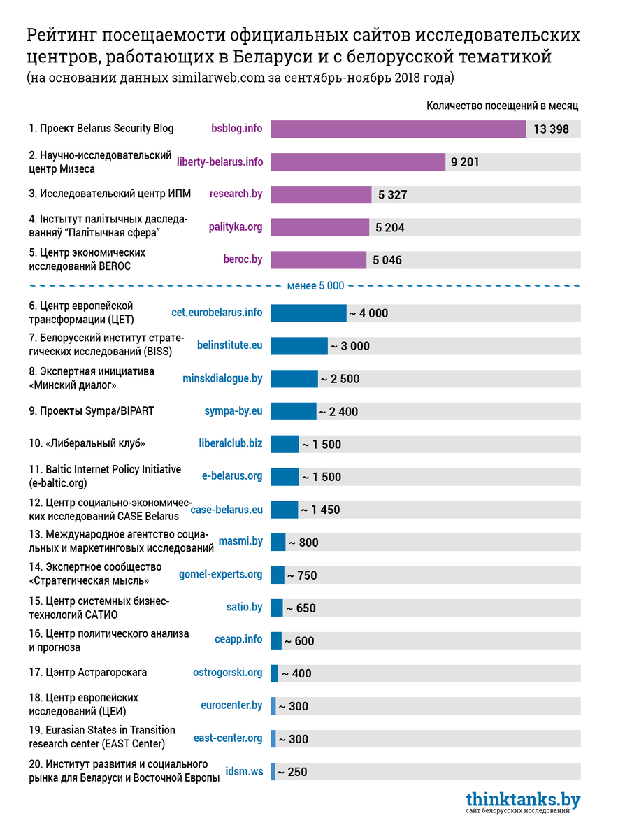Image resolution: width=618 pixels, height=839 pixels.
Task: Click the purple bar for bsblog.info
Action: click(x=398, y=129)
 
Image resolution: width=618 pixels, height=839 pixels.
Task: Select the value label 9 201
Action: click(x=466, y=162)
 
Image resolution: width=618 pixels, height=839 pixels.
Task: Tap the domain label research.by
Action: click(x=236, y=194)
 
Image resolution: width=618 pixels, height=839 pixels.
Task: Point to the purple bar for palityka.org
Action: click(x=319, y=227)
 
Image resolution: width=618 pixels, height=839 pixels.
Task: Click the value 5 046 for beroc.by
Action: click(x=387, y=260)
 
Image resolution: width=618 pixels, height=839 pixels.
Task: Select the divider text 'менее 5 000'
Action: click(x=316, y=285)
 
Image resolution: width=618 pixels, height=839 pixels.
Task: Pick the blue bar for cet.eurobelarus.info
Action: click(x=308, y=313)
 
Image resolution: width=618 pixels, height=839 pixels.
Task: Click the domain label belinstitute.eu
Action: click(x=230, y=345)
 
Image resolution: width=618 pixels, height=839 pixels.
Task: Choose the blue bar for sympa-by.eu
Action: click(x=293, y=411)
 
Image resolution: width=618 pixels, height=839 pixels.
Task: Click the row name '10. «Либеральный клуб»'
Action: click(x=87, y=444)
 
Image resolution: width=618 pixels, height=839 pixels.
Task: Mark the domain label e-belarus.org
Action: click(x=232, y=476)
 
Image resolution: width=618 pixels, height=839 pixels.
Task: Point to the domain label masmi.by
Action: click(x=240, y=541)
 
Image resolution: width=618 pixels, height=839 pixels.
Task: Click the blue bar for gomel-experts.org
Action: click(x=278, y=575)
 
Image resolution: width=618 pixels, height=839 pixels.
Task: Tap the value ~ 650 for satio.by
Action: click(x=301, y=608)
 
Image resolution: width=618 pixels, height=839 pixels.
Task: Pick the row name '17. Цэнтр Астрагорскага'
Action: click(x=88, y=673)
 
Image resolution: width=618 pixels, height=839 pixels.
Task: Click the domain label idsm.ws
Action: click(x=244, y=772)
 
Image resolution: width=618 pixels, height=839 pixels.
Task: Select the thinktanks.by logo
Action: click(x=523, y=802)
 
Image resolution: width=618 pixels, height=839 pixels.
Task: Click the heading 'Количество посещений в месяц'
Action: click(x=502, y=106)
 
